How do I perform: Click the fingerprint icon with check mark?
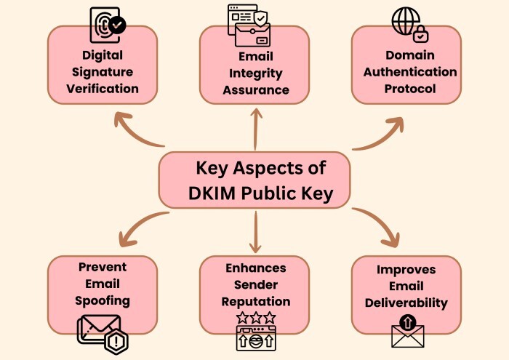click(108, 25)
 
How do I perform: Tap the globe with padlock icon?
click(410, 25)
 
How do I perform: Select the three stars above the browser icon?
click(256, 318)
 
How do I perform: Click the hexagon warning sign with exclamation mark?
click(116, 341)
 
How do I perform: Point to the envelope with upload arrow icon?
click(408, 331)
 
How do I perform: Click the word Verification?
click(103, 89)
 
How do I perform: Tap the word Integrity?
click(256, 73)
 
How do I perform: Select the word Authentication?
click(410, 72)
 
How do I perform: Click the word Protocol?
click(410, 89)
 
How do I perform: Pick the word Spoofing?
click(103, 301)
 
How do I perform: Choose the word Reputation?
click(256, 302)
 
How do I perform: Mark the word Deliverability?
click(406, 303)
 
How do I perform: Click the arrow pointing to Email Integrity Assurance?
click(256, 129)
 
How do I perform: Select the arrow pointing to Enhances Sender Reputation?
click(256, 232)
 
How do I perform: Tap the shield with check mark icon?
click(260, 18)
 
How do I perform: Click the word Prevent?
click(103, 267)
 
